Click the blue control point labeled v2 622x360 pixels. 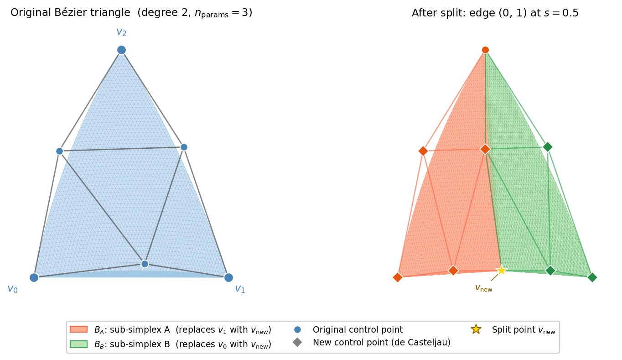(121, 50)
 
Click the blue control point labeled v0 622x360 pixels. (34, 277)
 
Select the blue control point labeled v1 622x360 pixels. (228, 277)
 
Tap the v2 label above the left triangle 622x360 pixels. (121, 32)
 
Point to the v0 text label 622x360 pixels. (12, 289)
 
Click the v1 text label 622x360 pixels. (240, 289)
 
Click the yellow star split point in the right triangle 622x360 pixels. (502, 270)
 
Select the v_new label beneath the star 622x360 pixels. (484, 288)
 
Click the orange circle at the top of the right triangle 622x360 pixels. (485, 50)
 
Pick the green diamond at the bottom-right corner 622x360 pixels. (592, 277)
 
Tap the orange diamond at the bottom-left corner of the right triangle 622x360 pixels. (398, 277)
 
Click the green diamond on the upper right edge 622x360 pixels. (548, 147)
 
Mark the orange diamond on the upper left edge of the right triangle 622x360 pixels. (423, 151)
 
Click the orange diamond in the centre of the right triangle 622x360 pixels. (485, 149)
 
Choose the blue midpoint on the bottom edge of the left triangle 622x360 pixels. (145, 264)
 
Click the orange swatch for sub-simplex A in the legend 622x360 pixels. (78, 329)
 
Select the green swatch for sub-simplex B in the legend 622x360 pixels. (78, 344)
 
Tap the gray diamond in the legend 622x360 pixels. (297, 342)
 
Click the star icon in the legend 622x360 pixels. (476, 329)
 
